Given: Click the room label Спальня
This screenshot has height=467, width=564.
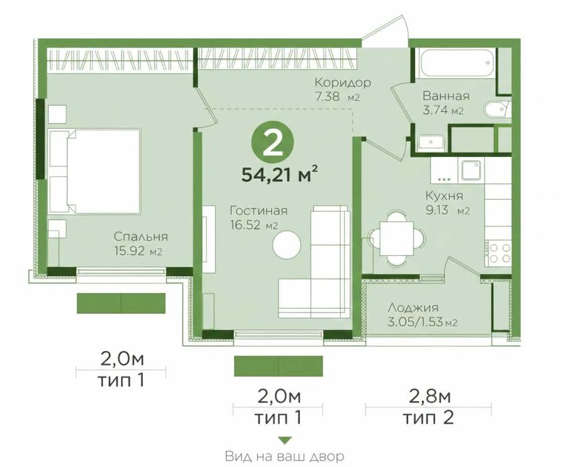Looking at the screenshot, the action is click(x=140, y=237).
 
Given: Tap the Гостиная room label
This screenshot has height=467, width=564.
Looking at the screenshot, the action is click(x=259, y=210).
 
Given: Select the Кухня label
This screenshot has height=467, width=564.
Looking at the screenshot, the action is click(x=444, y=196).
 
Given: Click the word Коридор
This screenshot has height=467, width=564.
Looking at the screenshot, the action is click(x=343, y=83).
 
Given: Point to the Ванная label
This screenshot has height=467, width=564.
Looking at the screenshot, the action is click(x=446, y=96).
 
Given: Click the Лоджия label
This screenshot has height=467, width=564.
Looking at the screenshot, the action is click(x=413, y=308).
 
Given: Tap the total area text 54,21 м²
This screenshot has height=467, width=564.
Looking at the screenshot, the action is click(x=279, y=175).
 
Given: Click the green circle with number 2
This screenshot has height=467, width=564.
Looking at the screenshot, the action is click(x=273, y=143).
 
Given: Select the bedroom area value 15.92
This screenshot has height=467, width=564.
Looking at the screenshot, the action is click(x=130, y=251).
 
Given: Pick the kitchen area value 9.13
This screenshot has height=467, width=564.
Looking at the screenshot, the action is click(x=438, y=210).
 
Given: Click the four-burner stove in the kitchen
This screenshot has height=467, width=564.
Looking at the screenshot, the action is click(x=498, y=253).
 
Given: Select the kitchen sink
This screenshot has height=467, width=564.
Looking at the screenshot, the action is click(x=472, y=170).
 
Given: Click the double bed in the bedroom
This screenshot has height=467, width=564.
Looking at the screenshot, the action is click(x=94, y=172).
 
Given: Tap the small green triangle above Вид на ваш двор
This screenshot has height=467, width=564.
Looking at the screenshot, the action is click(x=285, y=440).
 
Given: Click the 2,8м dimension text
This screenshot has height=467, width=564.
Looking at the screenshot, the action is click(x=430, y=397).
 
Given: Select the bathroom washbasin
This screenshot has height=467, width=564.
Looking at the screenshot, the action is click(x=431, y=143).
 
